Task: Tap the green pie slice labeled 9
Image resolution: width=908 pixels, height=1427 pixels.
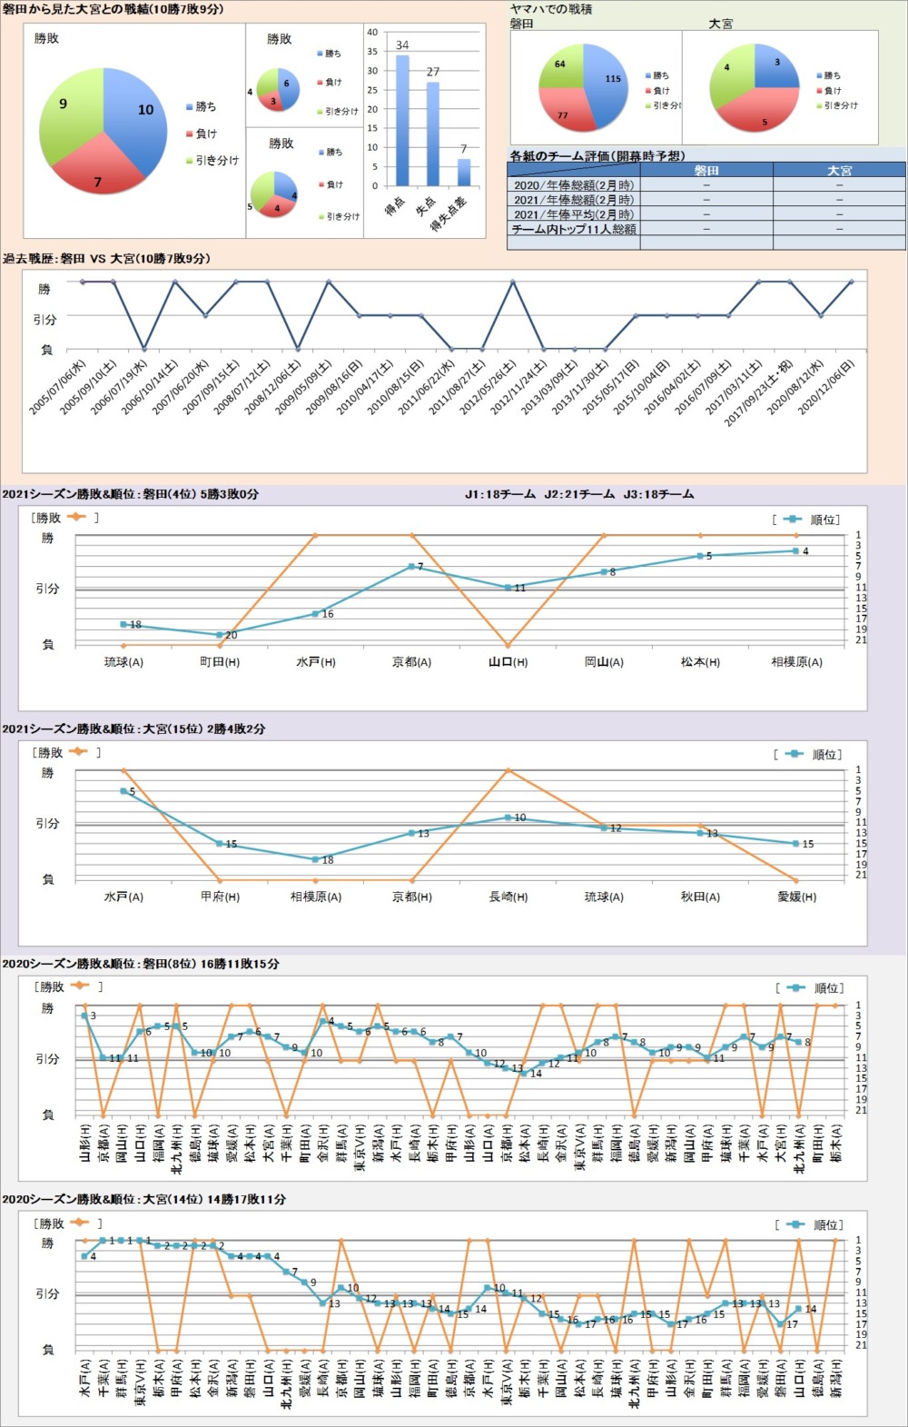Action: tap(68, 114)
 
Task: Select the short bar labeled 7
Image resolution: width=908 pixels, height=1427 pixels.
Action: tap(464, 173)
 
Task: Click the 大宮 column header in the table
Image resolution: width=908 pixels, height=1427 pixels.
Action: tap(839, 170)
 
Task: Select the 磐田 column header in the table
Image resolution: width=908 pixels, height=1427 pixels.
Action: tap(706, 170)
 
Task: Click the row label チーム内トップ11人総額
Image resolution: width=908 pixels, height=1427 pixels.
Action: tap(573, 229)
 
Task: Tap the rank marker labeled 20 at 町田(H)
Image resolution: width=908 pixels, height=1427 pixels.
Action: tap(220, 635)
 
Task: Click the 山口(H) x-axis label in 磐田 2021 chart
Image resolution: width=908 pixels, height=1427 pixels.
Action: tap(508, 662)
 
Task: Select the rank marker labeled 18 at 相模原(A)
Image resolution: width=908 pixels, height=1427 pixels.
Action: tap(316, 859)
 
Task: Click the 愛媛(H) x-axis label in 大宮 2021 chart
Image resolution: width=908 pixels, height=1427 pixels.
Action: tap(796, 897)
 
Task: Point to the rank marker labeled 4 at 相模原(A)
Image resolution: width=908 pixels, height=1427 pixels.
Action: tap(796, 550)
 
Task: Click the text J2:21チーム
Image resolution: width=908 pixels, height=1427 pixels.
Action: tap(579, 494)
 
